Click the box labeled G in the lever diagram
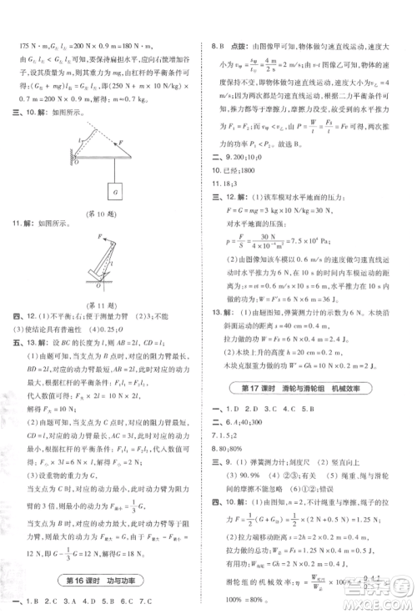click(113, 192)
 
